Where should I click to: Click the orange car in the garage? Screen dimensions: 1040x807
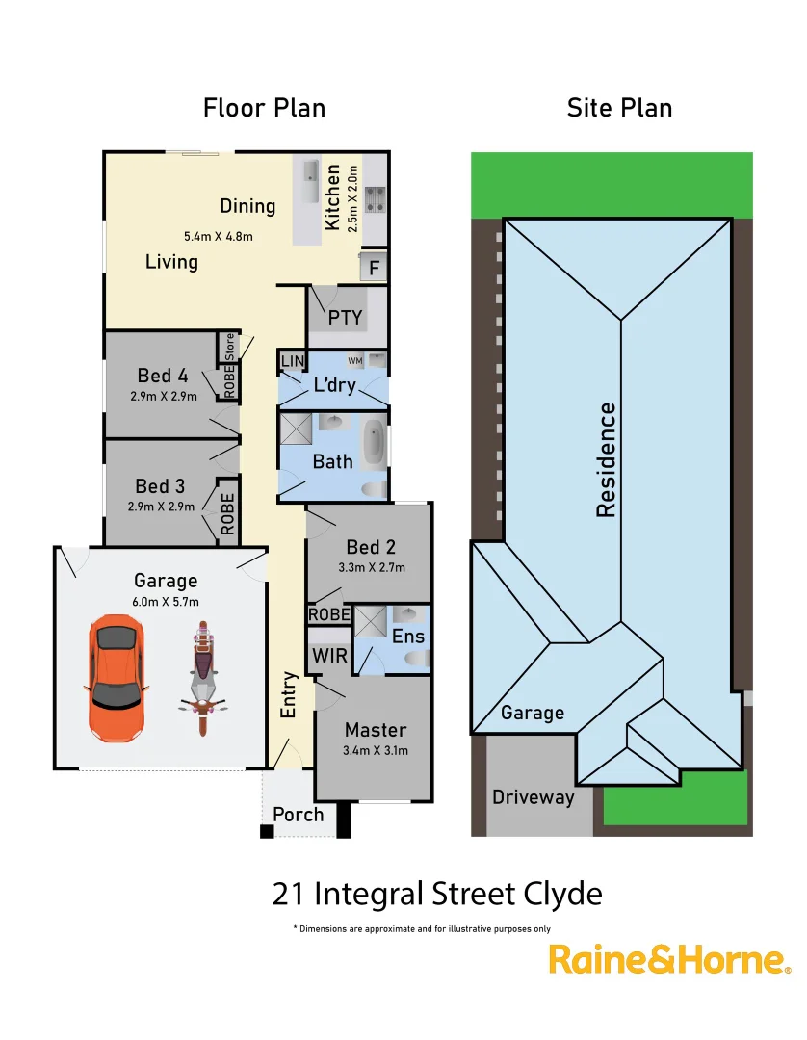click(x=117, y=680)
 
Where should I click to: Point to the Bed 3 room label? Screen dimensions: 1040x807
click(x=160, y=486)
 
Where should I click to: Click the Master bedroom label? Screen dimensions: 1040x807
click(x=376, y=730)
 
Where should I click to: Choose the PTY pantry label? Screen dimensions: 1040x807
click(x=345, y=317)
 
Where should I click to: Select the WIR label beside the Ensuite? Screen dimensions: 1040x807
click(x=324, y=656)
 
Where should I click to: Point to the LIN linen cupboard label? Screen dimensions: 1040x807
click(x=292, y=361)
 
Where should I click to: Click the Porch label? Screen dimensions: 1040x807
click(x=299, y=815)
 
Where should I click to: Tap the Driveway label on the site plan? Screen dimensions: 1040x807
click(x=533, y=797)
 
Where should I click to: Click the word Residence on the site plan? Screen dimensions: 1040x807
click(x=606, y=460)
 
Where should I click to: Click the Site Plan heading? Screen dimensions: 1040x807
click(x=619, y=108)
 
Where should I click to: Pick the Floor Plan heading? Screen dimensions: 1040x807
click(x=264, y=108)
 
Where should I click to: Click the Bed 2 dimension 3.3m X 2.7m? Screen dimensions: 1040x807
click(x=372, y=567)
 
